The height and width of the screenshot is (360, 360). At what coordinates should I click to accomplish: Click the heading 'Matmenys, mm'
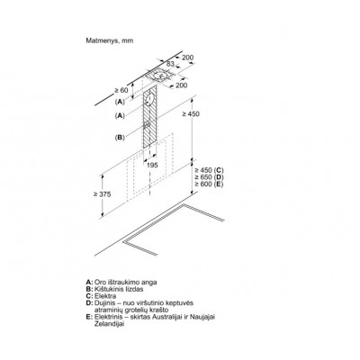110,40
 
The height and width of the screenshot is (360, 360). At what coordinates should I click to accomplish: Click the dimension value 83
170,63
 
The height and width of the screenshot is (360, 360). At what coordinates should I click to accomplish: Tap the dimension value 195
152,165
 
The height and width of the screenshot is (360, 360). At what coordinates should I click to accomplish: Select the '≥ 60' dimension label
121,90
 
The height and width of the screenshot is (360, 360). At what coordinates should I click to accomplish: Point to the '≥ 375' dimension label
102,194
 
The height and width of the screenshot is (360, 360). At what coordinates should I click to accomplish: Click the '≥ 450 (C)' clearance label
209,170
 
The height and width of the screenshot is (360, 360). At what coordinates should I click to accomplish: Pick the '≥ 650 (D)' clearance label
209,177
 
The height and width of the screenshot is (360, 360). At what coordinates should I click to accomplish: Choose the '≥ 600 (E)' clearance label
209,184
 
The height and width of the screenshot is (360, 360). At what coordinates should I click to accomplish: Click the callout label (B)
120,138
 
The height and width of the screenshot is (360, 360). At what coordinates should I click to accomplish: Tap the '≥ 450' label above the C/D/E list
191,114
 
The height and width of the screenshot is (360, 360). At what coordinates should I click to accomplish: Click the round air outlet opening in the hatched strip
149,99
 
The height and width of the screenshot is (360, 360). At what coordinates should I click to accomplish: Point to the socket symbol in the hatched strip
147,125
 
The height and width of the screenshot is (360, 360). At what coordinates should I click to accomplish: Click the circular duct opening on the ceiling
160,75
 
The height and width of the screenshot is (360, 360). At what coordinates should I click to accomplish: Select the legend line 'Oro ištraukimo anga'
126,283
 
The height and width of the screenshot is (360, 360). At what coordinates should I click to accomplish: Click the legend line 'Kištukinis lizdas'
119,289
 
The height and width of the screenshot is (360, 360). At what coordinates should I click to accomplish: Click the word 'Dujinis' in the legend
103,303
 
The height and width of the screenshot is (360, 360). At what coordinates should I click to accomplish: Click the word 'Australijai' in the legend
169,317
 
